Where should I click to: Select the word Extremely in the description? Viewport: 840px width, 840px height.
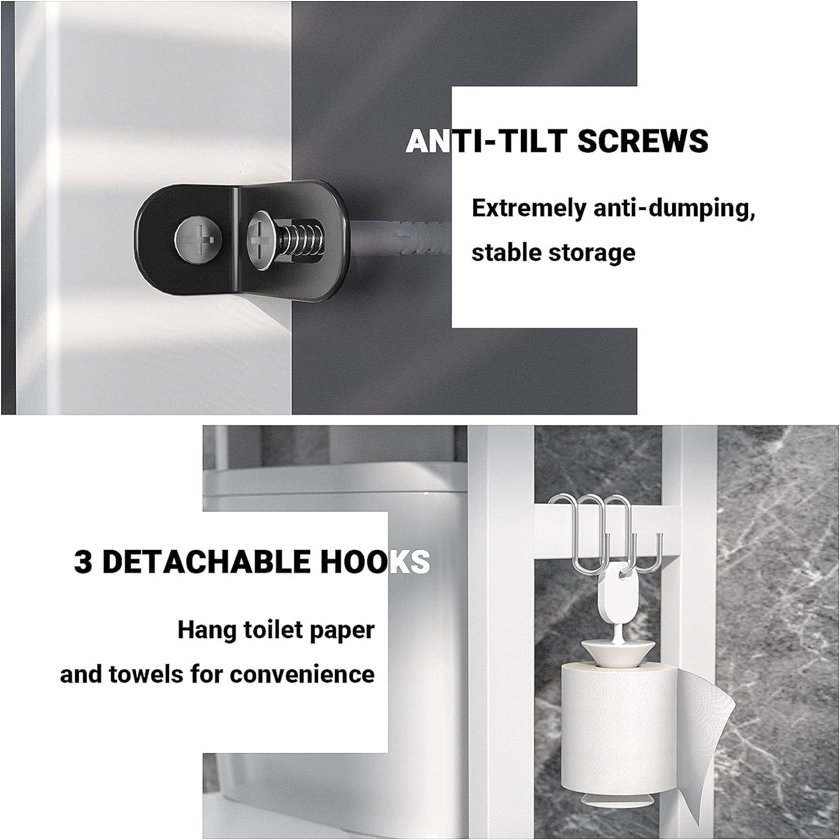click(529, 209)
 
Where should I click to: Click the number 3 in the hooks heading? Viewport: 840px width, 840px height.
click(83, 563)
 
